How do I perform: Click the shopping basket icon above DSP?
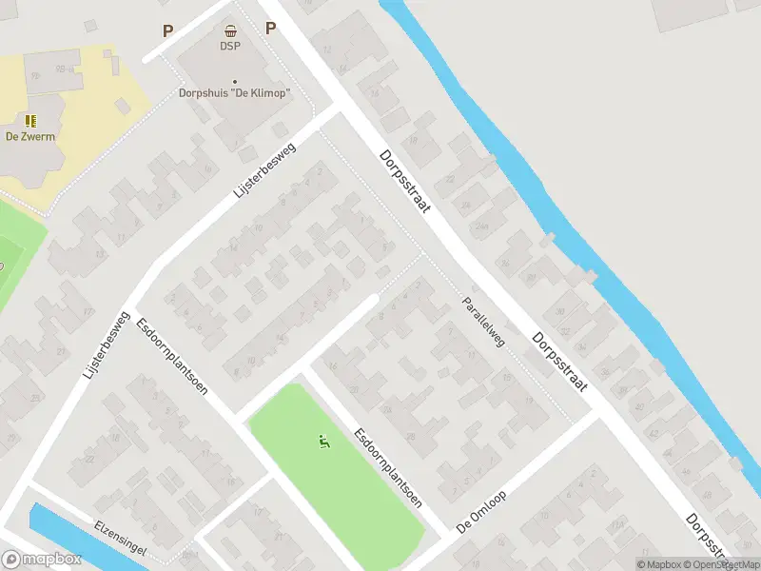point(230,30)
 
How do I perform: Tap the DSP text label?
point(230,46)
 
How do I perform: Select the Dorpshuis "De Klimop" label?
point(234,93)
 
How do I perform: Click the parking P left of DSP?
point(168,30)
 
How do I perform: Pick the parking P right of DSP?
point(270,28)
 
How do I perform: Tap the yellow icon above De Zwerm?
point(30,121)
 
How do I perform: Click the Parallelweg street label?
point(484,320)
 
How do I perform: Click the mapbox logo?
point(41,560)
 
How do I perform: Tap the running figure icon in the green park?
point(324,442)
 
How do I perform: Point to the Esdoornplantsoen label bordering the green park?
point(388,464)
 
